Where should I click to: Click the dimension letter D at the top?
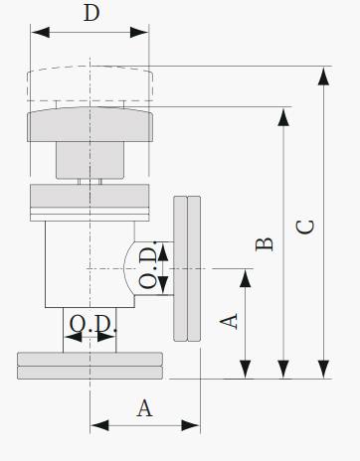91,13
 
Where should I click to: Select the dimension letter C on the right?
305,228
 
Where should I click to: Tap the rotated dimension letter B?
265,244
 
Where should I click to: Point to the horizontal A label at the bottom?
144,408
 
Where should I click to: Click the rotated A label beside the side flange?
229,321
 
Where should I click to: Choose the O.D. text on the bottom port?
93,324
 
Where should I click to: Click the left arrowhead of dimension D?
40,33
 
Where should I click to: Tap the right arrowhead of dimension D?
139,33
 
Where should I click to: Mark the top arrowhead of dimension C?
323,76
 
